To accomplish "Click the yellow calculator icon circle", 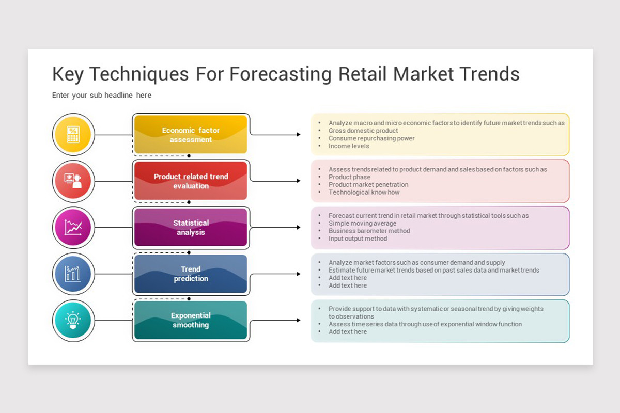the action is pyautogui.click(x=73, y=134).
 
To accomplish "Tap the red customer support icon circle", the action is pyautogui.click(x=73, y=181).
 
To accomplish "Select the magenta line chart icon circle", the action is pyautogui.click(x=73, y=227).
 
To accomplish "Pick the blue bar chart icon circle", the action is pyautogui.click(x=73, y=274).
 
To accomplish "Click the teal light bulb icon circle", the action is pyautogui.click(x=73, y=320).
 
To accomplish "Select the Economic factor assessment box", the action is pyautogui.click(x=191, y=134).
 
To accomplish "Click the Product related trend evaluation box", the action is pyautogui.click(x=191, y=181).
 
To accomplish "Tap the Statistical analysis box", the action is pyautogui.click(x=191, y=227).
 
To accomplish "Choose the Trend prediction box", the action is pyautogui.click(x=191, y=274).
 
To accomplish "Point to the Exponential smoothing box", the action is pyautogui.click(x=191, y=320).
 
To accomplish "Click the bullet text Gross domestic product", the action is pyautogui.click(x=363, y=131).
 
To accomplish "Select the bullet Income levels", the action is pyautogui.click(x=349, y=146).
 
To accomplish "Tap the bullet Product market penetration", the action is pyautogui.click(x=368, y=184).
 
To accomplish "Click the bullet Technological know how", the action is pyautogui.click(x=364, y=192).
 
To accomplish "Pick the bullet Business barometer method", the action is pyautogui.click(x=369, y=231).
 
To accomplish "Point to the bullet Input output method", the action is pyautogui.click(x=358, y=239).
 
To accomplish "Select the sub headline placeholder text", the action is pyautogui.click(x=102, y=96).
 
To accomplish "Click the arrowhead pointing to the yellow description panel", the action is pyautogui.click(x=299, y=134).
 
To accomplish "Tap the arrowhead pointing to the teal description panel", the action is pyautogui.click(x=299, y=320).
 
